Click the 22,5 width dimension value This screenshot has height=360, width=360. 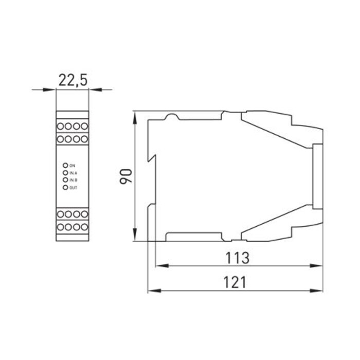click(73, 80)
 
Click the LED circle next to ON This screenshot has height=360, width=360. click(65, 165)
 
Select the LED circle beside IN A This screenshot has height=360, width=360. click(65, 173)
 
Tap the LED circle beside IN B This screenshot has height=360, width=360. click(65, 180)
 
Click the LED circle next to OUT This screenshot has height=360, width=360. click(65, 188)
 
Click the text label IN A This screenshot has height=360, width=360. click(73, 173)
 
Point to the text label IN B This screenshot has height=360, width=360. click(73, 180)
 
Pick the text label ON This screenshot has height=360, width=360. click(72, 165)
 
